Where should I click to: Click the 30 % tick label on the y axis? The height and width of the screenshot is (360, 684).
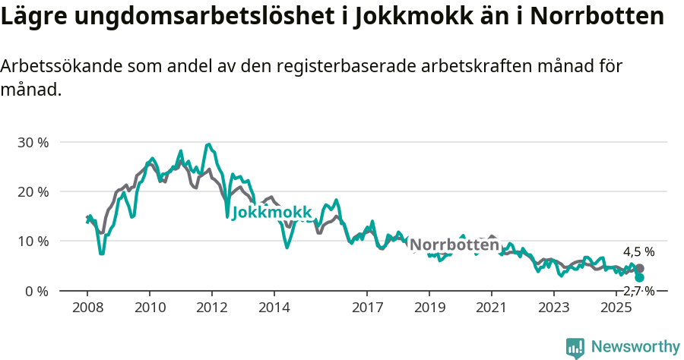point(33,142)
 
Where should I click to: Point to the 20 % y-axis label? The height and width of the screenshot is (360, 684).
point(33,191)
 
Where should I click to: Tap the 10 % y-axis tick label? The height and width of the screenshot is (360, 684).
point(33,241)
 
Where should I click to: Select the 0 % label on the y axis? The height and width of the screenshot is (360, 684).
point(36,291)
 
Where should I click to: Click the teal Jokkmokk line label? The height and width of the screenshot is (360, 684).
point(271,212)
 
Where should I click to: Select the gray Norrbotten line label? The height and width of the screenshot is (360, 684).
point(454,245)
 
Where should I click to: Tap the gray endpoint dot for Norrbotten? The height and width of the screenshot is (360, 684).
point(639,269)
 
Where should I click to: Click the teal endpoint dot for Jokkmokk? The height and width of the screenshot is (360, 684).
point(639,278)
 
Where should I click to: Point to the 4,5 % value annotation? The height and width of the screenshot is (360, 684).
point(638,252)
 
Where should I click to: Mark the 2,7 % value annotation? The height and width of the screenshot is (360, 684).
point(639,291)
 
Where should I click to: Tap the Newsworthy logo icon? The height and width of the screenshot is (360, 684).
point(575,348)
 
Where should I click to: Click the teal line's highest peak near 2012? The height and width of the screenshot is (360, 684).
point(208,144)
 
